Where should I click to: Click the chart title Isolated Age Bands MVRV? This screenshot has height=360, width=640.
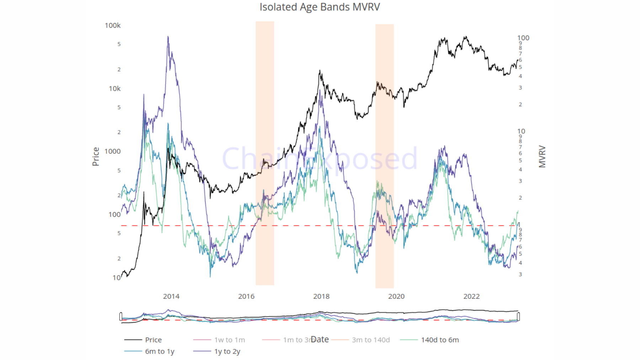point(320,7)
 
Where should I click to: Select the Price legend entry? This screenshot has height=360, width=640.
point(153,340)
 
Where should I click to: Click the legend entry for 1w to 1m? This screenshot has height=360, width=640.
point(229,340)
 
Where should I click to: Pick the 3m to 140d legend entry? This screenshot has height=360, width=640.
point(371,340)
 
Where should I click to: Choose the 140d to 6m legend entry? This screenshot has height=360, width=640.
point(440,340)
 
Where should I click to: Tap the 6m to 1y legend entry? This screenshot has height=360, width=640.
point(160,351)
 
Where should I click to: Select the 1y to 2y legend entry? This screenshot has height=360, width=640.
point(227,351)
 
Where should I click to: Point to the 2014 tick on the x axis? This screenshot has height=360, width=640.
point(171,296)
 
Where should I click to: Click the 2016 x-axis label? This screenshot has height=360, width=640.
point(246,296)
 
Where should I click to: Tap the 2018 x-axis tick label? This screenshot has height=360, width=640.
point(321,296)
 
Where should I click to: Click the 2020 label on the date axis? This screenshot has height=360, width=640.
point(396,296)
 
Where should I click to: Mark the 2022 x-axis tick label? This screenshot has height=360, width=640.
point(471,296)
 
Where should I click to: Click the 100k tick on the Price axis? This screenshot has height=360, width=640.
point(113,26)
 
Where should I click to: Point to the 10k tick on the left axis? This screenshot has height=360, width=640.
point(114,89)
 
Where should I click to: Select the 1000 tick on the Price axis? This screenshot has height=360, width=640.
point(113,151)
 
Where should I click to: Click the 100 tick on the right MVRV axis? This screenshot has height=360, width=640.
point(523,38)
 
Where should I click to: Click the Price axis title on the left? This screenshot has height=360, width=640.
point(96,156)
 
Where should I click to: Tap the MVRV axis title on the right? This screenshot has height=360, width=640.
point(542,156)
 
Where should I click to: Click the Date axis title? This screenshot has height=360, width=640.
point(320,340)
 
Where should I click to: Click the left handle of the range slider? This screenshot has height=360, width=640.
point(121,316)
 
